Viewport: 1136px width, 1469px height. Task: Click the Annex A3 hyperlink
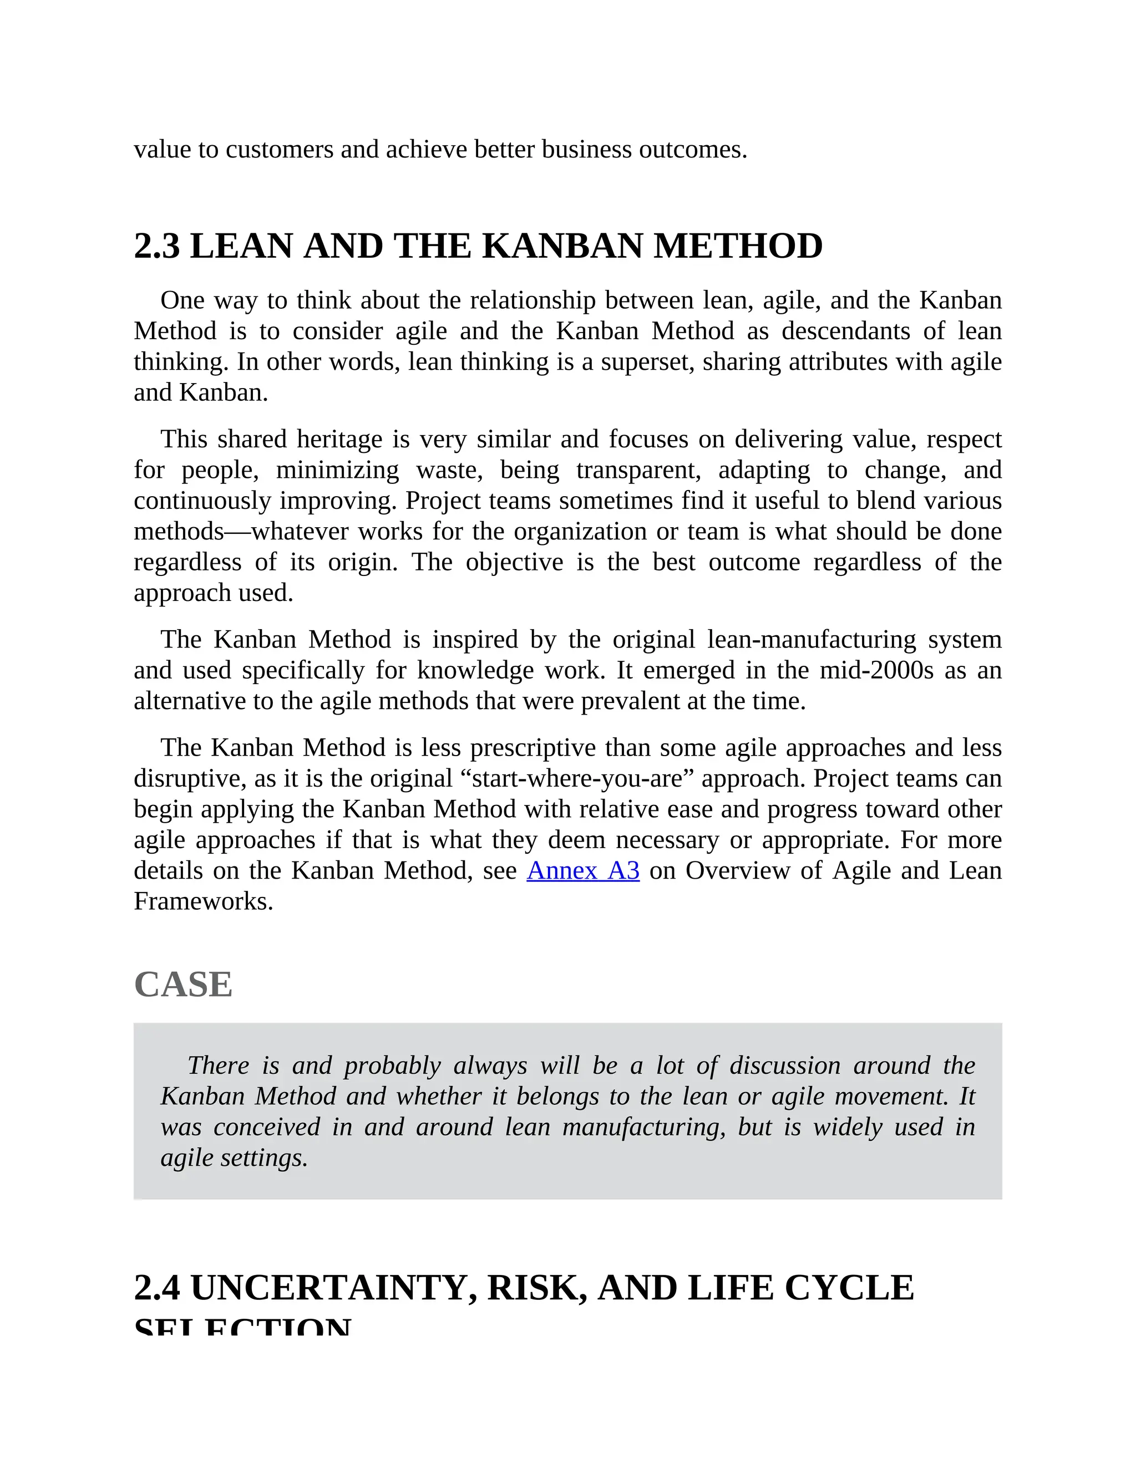[x=583, y=870]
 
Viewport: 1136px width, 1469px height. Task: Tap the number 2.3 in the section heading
[x=157, y=246]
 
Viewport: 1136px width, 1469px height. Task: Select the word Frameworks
[x=202, y=901]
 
